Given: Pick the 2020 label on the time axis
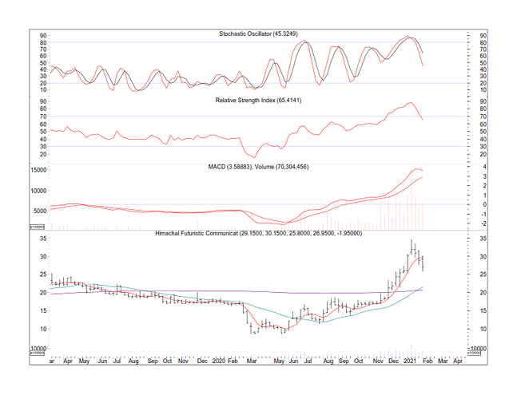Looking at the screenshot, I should (x=220, y=361).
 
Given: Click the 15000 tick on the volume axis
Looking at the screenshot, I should (x=40, y=170).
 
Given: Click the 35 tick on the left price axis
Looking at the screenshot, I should (x=43, y=239).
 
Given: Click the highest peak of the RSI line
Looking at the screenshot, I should (x=410, y=103).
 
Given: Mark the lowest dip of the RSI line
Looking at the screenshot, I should (x=253, y=156).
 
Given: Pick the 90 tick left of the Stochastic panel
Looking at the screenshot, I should (x=44, y=36).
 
